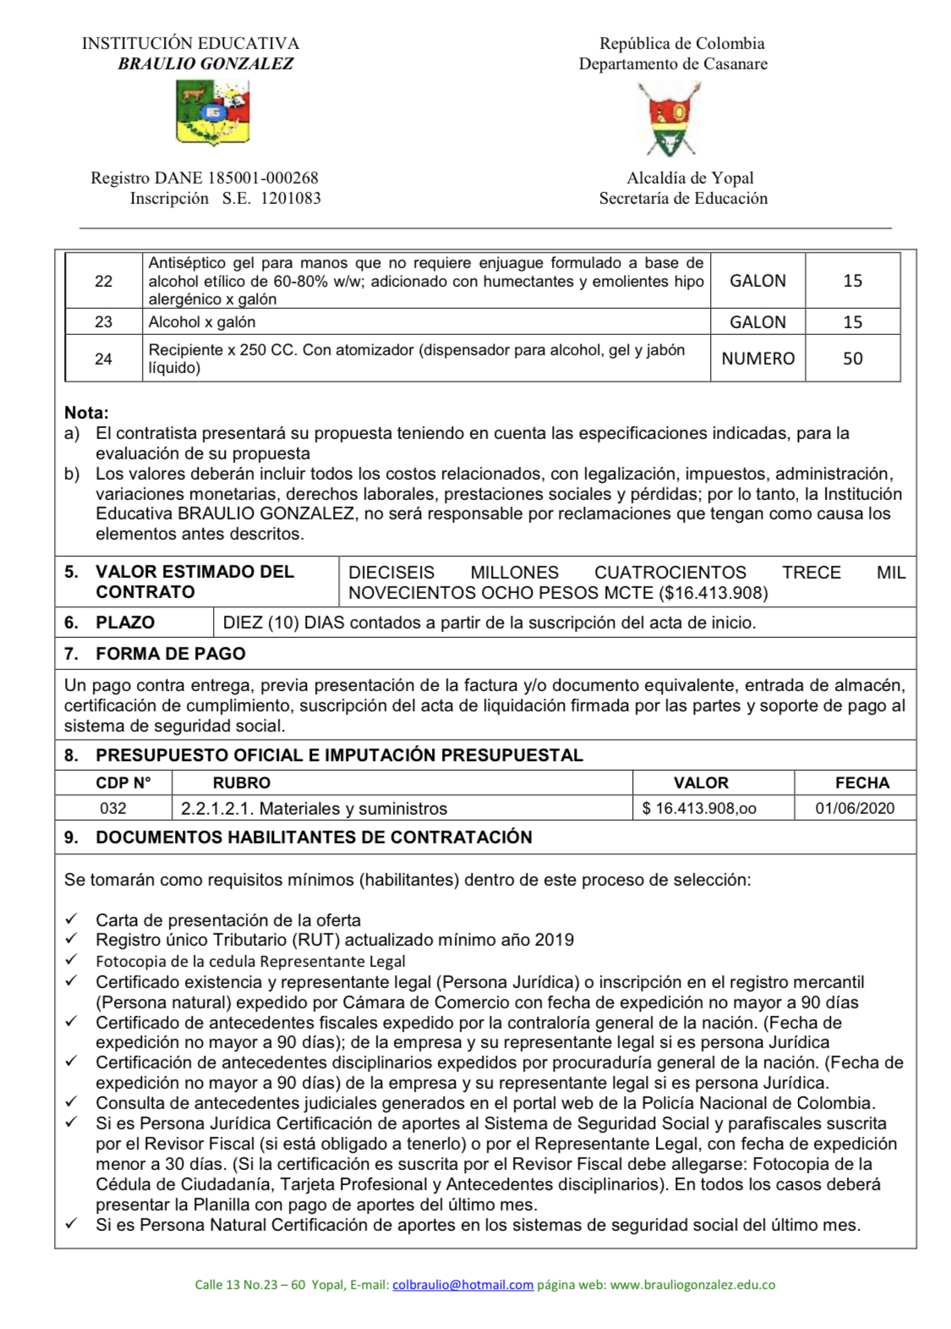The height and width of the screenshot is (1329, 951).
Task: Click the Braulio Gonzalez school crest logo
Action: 212,113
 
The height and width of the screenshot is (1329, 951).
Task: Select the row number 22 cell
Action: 103,281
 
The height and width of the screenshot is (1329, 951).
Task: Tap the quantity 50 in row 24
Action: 852,359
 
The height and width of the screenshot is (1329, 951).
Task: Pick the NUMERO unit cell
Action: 757,359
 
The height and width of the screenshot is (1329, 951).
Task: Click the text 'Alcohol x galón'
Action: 202,322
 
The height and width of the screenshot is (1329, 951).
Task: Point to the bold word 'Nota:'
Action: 86,413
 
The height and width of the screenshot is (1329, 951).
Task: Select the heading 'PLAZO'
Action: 125,623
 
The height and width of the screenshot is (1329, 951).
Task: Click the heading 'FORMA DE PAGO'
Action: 171,654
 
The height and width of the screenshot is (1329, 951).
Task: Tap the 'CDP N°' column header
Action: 123,783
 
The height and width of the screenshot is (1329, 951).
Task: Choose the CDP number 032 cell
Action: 113,809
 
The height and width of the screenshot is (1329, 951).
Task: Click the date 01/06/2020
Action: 855,809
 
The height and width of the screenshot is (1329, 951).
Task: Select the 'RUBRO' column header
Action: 242,783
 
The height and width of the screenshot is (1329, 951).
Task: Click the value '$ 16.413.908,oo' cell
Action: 699,809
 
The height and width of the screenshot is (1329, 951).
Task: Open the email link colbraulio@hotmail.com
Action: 462,1285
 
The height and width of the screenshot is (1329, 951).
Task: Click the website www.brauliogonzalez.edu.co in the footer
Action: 692,1285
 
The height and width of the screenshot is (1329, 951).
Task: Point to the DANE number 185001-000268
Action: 263,178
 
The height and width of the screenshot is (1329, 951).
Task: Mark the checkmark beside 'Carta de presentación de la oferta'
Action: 72,919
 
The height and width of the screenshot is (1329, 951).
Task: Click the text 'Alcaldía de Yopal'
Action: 690,178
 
